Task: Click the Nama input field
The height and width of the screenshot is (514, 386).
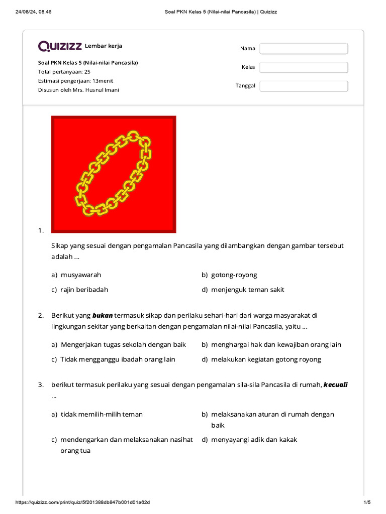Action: (304, 49)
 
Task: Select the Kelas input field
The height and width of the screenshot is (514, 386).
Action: (304, 67)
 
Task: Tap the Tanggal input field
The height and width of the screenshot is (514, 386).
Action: (304, 86)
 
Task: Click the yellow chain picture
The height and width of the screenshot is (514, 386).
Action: (114, 174)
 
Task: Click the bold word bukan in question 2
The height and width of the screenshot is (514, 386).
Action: (103, 316)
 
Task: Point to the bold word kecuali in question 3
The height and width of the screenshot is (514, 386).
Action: (335, 385)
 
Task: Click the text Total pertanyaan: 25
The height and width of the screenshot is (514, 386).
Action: (64, 72)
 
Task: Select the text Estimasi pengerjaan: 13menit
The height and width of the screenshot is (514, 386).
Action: (75, 81)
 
